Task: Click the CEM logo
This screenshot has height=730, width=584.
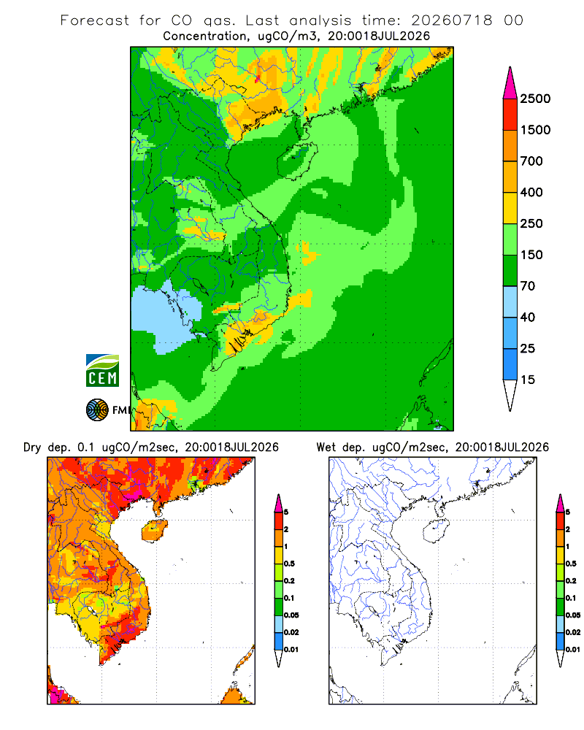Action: (x=102, y=371)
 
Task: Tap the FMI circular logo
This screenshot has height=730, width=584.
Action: (x=97, y=410)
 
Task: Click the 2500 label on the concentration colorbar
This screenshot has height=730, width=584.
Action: (x=535, y=99)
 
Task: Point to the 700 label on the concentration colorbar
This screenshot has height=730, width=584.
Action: (x=531, y=161)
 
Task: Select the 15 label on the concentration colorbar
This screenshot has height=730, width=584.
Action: (x=528, y=380)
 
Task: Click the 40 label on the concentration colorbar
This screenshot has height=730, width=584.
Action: (x=528, y=318)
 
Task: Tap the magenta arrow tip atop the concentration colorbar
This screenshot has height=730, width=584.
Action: (x=510, y=82)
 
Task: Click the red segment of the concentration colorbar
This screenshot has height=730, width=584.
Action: (x=510, y=115)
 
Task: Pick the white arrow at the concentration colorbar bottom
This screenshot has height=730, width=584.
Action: (x=510, y=396)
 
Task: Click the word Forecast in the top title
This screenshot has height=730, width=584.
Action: (x=95, y=20)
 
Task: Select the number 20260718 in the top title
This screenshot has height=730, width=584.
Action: (x=452, y=20)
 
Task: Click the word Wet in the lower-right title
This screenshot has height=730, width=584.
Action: (x=326, y=447)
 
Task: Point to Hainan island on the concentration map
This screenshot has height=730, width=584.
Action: (x=297, y=161)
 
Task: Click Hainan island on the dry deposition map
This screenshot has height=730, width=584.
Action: (x=154, y=531)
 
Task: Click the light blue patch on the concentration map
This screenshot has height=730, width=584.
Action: (x=163, y=317)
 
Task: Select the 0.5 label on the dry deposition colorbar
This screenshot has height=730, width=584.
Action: (x=289, y=564)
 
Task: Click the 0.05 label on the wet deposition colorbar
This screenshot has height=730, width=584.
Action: (x=573, y=615)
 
